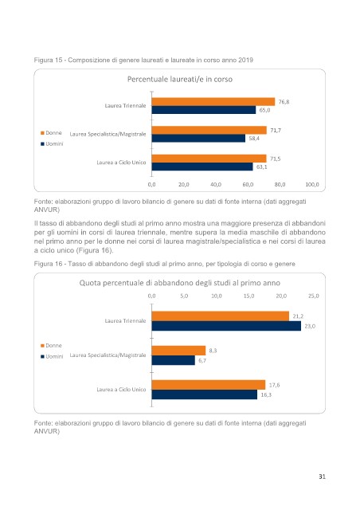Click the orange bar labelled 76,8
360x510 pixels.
coord(213,102)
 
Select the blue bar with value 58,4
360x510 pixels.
coord(198,138)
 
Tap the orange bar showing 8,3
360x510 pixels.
coord(179,351)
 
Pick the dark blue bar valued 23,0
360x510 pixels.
coord(226,326)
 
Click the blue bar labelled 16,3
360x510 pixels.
coord(205,394)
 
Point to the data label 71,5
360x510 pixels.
coord(276,159)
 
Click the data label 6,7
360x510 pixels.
coord(202,360)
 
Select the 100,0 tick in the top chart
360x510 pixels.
coord(312,184)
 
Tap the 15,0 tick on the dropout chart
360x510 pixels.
coord(248,296)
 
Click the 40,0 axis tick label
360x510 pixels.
coord(216,184)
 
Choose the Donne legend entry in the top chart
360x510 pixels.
coord(51,133)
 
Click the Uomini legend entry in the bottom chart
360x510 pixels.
coord(52,356)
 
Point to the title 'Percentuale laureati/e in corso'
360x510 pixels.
coord(180,80)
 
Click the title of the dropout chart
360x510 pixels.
coord(180,283)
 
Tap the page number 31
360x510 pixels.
coord(322,477)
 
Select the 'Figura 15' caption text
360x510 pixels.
coord(143,61)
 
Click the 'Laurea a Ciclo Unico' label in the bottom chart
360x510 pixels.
coord(121,390)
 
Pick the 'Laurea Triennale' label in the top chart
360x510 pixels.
coord(125,106)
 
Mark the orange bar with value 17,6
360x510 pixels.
coord(209,385)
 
